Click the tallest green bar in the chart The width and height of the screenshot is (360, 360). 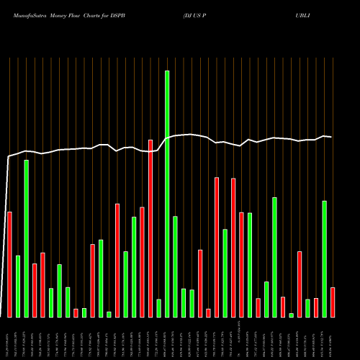click(167, 194)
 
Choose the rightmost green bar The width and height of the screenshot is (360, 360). click(324, 258)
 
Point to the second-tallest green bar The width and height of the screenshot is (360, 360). click(26, 238)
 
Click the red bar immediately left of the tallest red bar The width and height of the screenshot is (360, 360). click(142, 262)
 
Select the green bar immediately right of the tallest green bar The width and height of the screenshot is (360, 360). click(175, 266)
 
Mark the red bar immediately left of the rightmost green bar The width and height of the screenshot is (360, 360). click(316, 307)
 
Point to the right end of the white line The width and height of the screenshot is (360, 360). click(331, 137)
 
